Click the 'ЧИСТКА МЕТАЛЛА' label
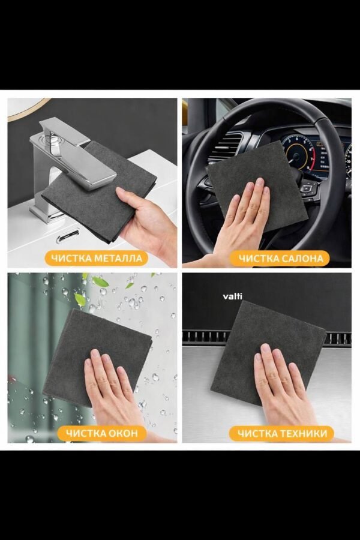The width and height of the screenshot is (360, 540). (x=97, y=258)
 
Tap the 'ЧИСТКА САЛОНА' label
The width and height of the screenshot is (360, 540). (x=281, y=258)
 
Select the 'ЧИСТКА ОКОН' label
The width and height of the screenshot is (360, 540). (x=102, y=433)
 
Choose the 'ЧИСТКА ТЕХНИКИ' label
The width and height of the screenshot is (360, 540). (x=282, y=433)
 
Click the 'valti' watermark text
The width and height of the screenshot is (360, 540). (x=233, y=296)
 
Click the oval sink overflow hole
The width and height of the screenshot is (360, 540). (x=68, y=236)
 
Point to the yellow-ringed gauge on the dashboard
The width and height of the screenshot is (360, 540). (x=299, y=155)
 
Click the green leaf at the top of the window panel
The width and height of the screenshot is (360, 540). (x=100, y=282)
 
